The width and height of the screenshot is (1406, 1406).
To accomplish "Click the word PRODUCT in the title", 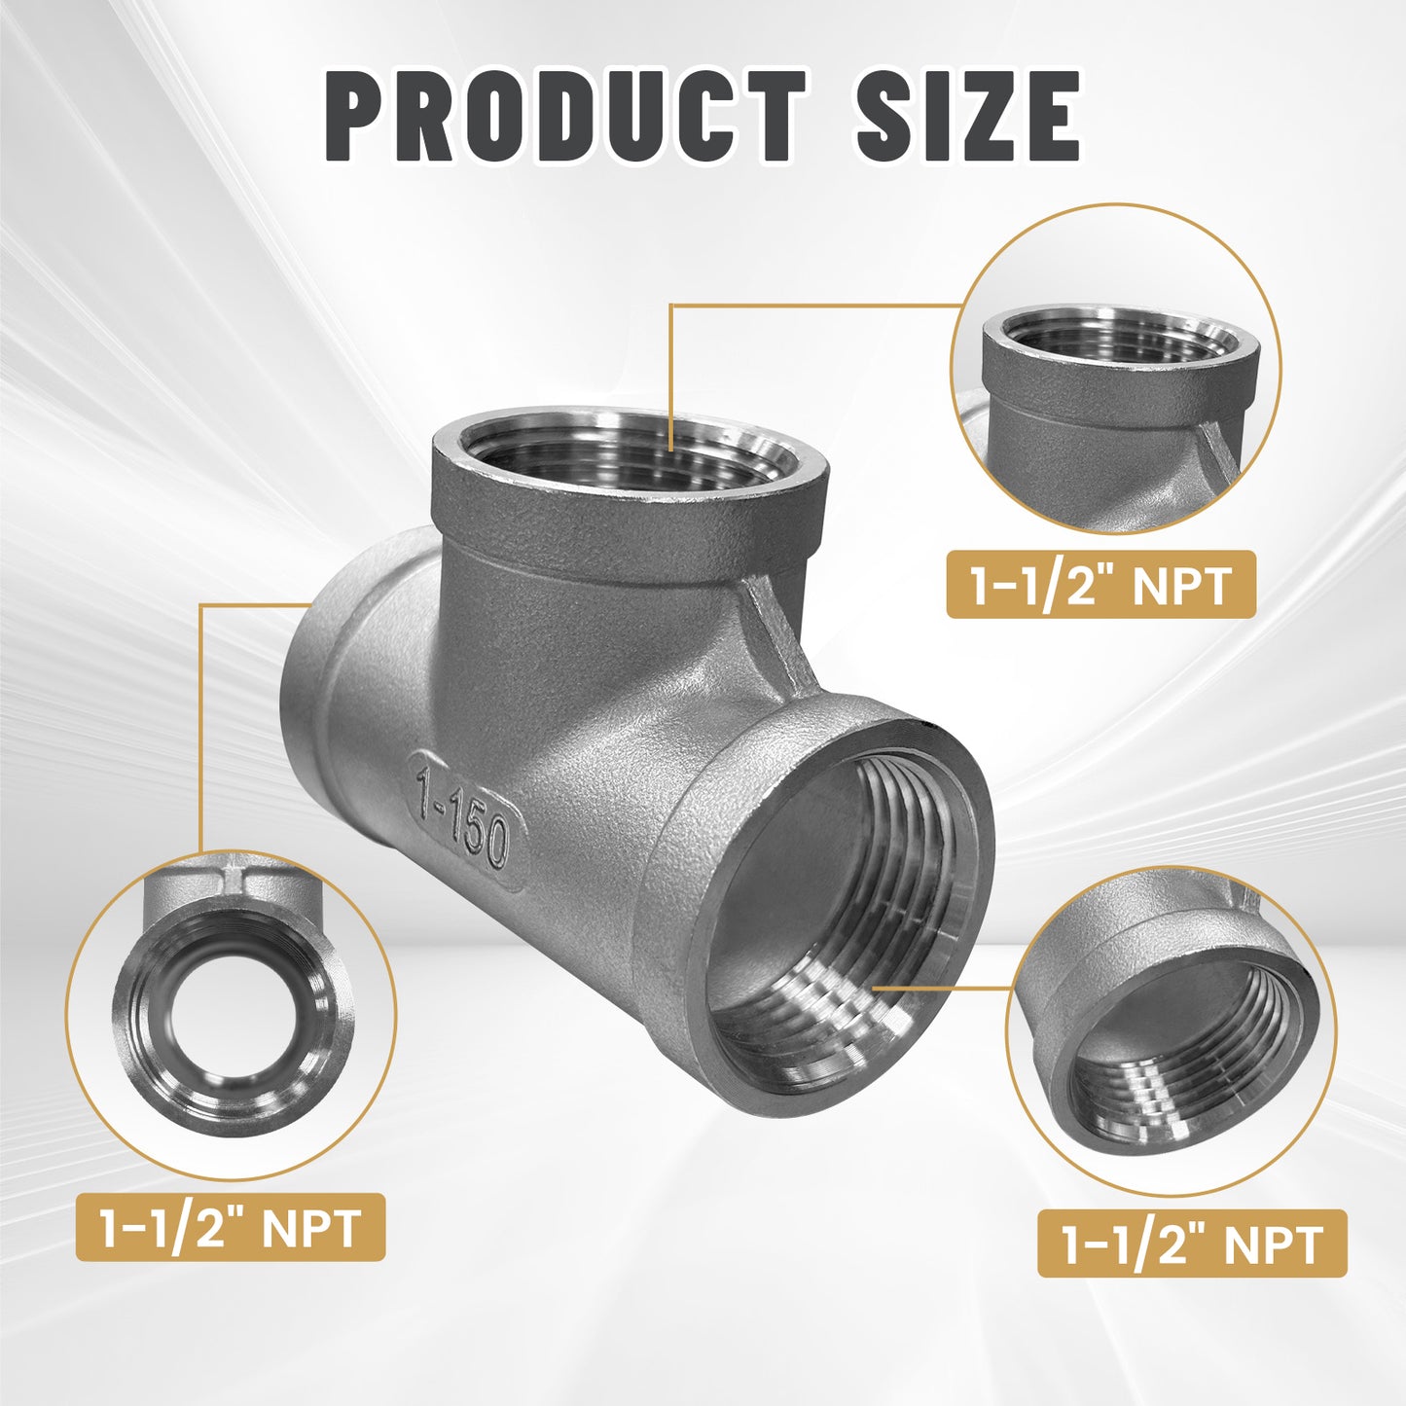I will click(x=565, y=117).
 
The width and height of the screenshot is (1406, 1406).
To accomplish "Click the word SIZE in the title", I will click(x=967, y=117).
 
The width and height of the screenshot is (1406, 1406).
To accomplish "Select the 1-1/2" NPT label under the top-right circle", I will click(x=1101, y=586).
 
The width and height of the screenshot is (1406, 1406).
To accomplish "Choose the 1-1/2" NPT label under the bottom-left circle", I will click(x=231, y=1227).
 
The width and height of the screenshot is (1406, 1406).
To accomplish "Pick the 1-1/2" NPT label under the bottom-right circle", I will click(x=1192, y=1244).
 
